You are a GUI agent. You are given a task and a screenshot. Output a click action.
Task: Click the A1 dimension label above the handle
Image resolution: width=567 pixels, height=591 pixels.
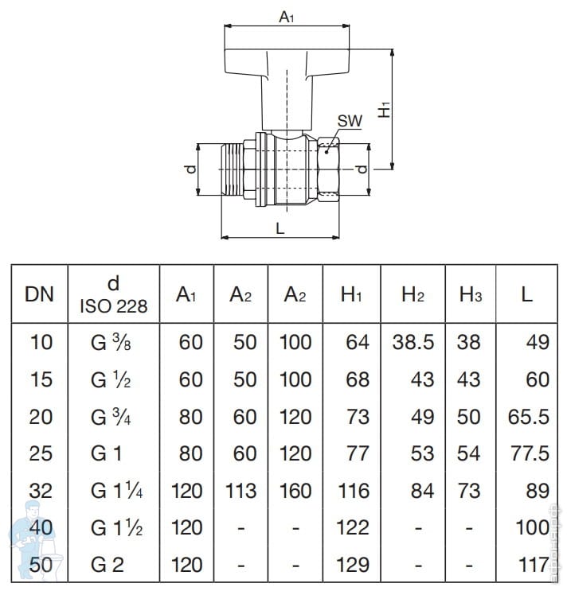coord(285,16)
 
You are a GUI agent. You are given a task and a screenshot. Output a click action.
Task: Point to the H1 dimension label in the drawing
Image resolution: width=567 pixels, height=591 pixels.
coord(385,108)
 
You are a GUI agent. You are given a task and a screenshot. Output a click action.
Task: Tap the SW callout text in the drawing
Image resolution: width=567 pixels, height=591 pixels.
coord(349,121)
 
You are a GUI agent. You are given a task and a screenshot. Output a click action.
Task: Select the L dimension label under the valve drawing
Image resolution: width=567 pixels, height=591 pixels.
coord(280,227)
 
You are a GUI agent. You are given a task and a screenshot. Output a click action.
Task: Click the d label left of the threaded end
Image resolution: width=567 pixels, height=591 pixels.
coord(189,169)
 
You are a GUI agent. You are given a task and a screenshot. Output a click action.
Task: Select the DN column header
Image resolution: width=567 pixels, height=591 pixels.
coord(40,294)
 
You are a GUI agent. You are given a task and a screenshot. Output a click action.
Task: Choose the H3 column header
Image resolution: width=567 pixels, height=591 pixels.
coord(471,295)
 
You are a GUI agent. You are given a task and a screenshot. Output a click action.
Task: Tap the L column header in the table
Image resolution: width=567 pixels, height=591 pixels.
coord(526,294)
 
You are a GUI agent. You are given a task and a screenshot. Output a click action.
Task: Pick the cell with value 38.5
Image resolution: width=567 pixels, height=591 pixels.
coord(413,342)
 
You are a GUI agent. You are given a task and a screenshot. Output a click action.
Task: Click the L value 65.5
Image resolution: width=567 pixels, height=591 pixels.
coord(529,416)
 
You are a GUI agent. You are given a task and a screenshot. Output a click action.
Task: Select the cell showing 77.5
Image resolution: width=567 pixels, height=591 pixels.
coord(529,453)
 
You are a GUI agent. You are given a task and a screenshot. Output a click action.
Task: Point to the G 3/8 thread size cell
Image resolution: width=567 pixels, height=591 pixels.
coord(112,342)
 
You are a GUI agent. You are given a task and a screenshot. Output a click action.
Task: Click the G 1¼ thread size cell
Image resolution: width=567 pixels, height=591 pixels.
coord(116,490)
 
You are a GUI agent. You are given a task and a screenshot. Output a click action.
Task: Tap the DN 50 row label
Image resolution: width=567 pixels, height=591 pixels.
coord(40,565)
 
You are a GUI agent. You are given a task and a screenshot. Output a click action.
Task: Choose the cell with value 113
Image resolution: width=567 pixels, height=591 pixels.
coord(240,490)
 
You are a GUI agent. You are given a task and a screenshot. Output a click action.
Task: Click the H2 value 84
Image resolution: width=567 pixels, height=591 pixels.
coord(422,490)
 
